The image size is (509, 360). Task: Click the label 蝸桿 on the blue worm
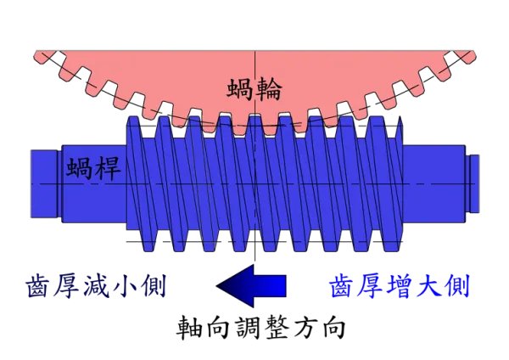point(95,168)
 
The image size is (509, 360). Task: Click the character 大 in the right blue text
point(428,286)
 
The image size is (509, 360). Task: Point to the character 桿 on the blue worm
point(109,168)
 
